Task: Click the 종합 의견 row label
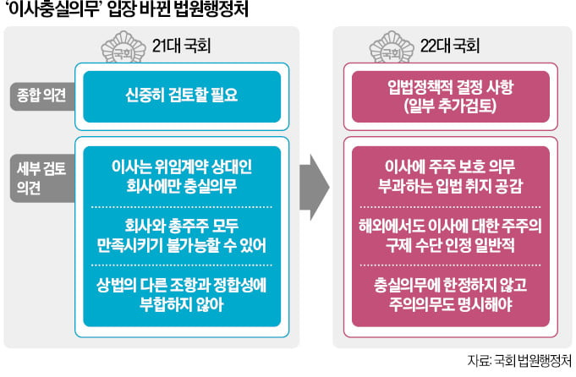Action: [x=36, y=93]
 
